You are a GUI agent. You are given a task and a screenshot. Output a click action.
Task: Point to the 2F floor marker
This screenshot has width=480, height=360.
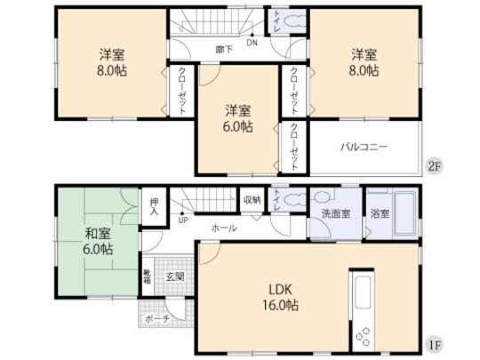[x=435, y=166]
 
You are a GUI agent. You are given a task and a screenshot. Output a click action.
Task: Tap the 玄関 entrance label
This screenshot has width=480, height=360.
[x=174, y=276]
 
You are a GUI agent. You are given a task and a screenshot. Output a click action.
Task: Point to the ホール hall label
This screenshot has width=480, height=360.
[x=224, y=228]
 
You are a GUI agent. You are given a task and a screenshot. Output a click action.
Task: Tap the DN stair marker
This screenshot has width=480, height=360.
[x=252, y=41]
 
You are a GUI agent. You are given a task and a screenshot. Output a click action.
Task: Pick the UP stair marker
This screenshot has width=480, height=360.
[x=184, y=219]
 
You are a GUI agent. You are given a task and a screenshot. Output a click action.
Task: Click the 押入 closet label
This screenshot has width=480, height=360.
[x=154, y=207]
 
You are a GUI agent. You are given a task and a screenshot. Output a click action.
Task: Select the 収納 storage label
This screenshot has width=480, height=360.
[x=252, y=200]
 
